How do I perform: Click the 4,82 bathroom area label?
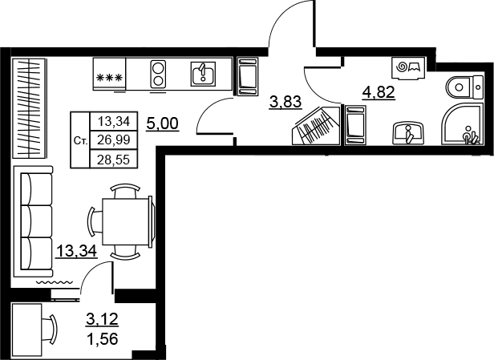379,92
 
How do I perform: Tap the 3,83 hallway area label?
285,102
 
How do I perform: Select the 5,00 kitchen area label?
163,123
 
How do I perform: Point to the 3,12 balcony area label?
102,319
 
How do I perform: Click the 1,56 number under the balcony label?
102,339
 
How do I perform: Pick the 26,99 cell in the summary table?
114,140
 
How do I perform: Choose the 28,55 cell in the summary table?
114,160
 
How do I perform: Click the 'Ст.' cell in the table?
80,141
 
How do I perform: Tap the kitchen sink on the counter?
203,74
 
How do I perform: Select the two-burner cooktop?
158,75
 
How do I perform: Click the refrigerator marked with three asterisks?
109,74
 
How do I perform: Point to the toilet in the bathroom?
464,87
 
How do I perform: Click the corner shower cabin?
462,123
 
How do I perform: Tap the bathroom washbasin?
408,134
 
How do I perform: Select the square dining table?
125,221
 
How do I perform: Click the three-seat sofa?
33,221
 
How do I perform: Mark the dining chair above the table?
125,191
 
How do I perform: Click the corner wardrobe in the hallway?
316,125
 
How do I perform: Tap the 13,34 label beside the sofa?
76,251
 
